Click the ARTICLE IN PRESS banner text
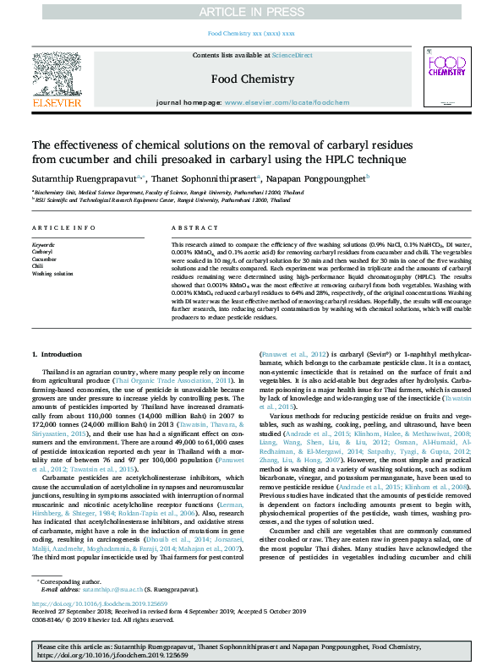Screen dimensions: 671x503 251,11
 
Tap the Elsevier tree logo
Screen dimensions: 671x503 57,79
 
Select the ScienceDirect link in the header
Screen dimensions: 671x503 292,55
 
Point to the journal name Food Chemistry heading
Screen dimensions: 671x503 252,79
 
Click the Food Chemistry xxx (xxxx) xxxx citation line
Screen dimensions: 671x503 251,33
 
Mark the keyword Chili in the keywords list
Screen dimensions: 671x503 38,267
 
